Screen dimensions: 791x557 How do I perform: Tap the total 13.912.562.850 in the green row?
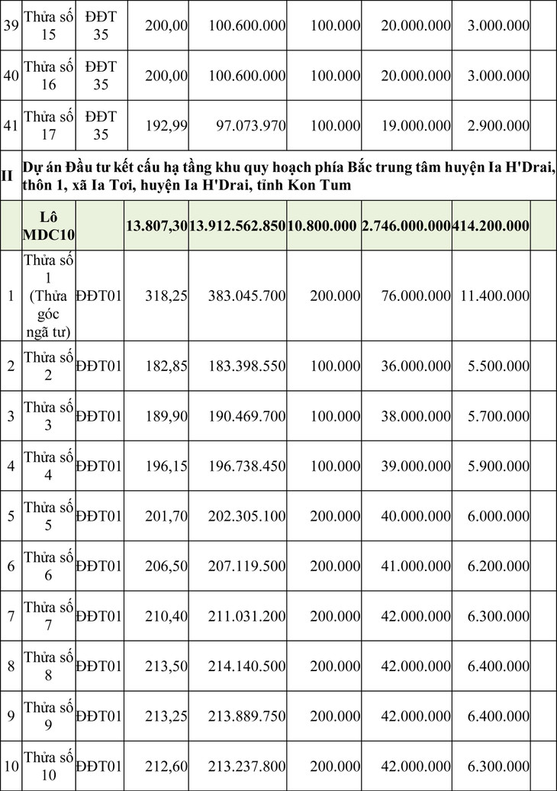[237, 225]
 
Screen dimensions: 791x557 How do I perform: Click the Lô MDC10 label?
[48, 225]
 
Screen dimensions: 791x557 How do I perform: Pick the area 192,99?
[166, 125]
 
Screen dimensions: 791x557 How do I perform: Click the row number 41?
[11, 125]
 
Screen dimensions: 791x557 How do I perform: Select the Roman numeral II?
[7, 176]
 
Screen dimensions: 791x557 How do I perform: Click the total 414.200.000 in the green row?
[491, 225]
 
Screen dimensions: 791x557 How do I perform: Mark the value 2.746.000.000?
[406, 225]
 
